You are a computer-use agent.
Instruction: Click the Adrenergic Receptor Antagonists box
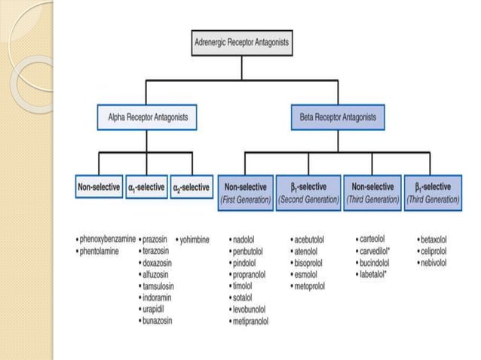pos(240,43)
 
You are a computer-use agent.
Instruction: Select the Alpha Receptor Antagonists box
pos(148,117)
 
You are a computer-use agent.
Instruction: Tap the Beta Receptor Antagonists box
pos(338,117)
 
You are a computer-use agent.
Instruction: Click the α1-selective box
pos(145,187)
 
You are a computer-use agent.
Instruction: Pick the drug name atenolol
pos(310,251)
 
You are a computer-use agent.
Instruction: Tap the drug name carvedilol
pos(377,251)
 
